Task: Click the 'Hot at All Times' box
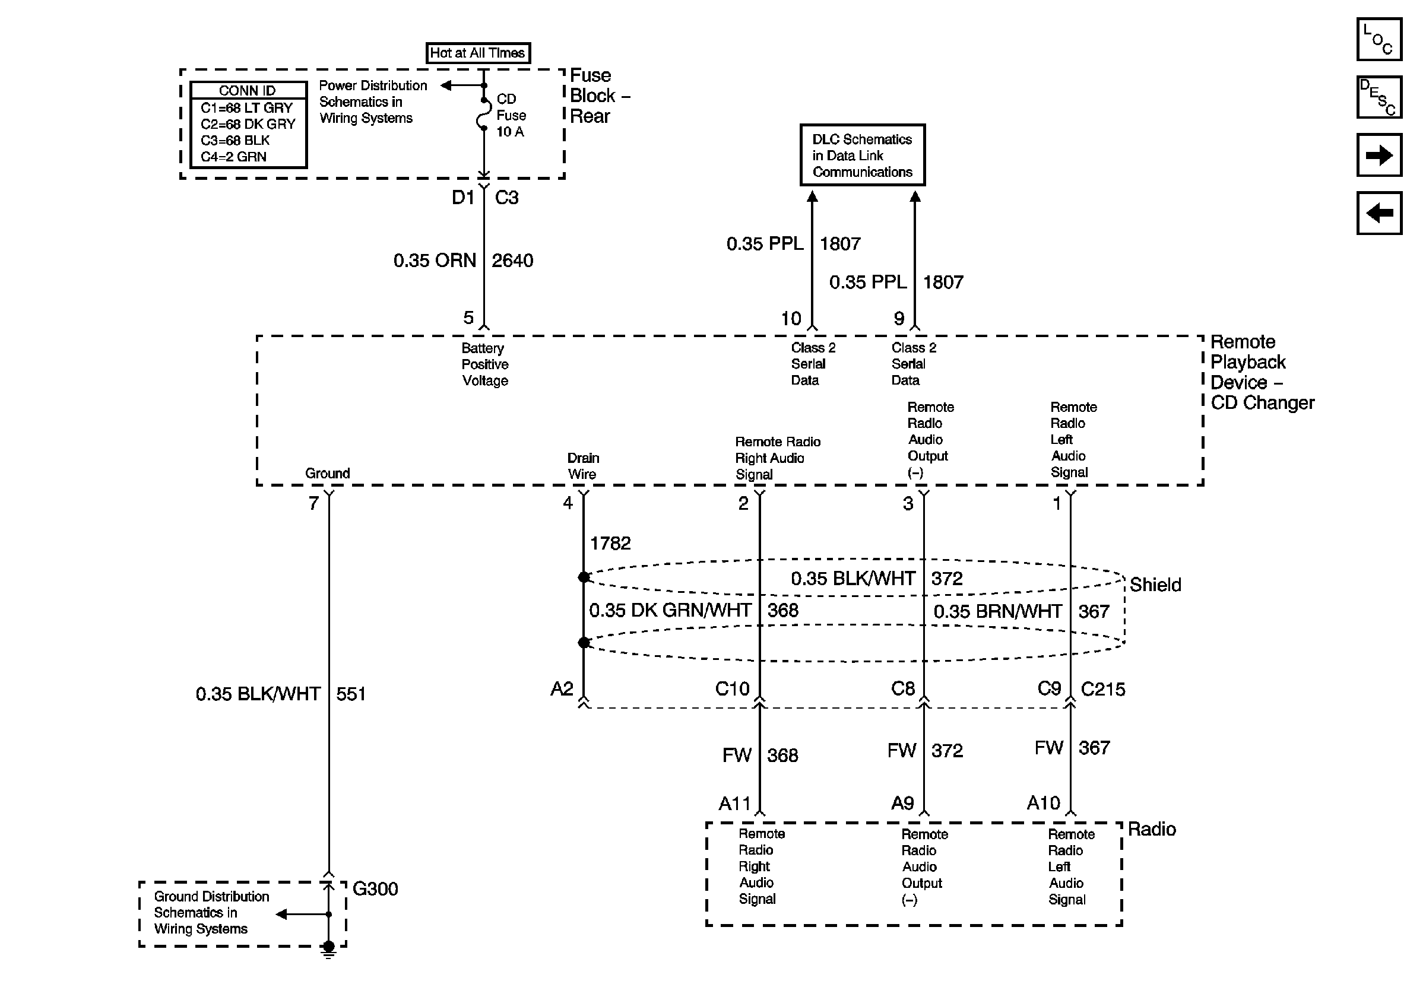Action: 478,53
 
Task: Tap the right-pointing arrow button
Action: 1379,155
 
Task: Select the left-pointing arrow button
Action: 1379,214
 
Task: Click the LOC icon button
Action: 1379,40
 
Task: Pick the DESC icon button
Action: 1379,97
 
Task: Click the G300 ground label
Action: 375,889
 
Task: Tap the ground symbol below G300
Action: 328,950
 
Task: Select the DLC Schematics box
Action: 862,155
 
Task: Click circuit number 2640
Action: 512,261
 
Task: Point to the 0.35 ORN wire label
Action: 435,261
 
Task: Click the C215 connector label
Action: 1103,689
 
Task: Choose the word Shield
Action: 1155,585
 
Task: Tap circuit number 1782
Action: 610,544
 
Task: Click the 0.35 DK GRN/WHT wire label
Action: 670,610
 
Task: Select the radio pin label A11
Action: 735,804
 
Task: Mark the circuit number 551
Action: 351,694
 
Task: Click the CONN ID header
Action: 248,91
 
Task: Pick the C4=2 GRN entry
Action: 233,157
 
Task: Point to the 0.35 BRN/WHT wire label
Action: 997,611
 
